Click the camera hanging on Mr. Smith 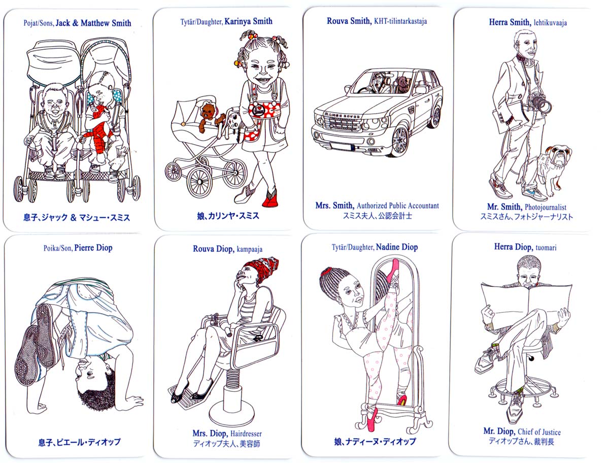coord(539,103)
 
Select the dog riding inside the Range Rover coord(402,85)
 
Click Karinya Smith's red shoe coord(270,199)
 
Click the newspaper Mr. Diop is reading coord(526,305)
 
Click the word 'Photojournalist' coord(546,207)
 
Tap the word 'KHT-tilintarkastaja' coord(400,21)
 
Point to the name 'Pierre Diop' coord(93,248)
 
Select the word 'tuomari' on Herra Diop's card coord(546,247)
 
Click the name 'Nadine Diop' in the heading coord(397,247)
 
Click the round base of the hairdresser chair coord(231,415)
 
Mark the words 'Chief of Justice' coord(539,432)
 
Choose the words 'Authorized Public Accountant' coord(397,206)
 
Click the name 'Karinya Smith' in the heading coord(248,21)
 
